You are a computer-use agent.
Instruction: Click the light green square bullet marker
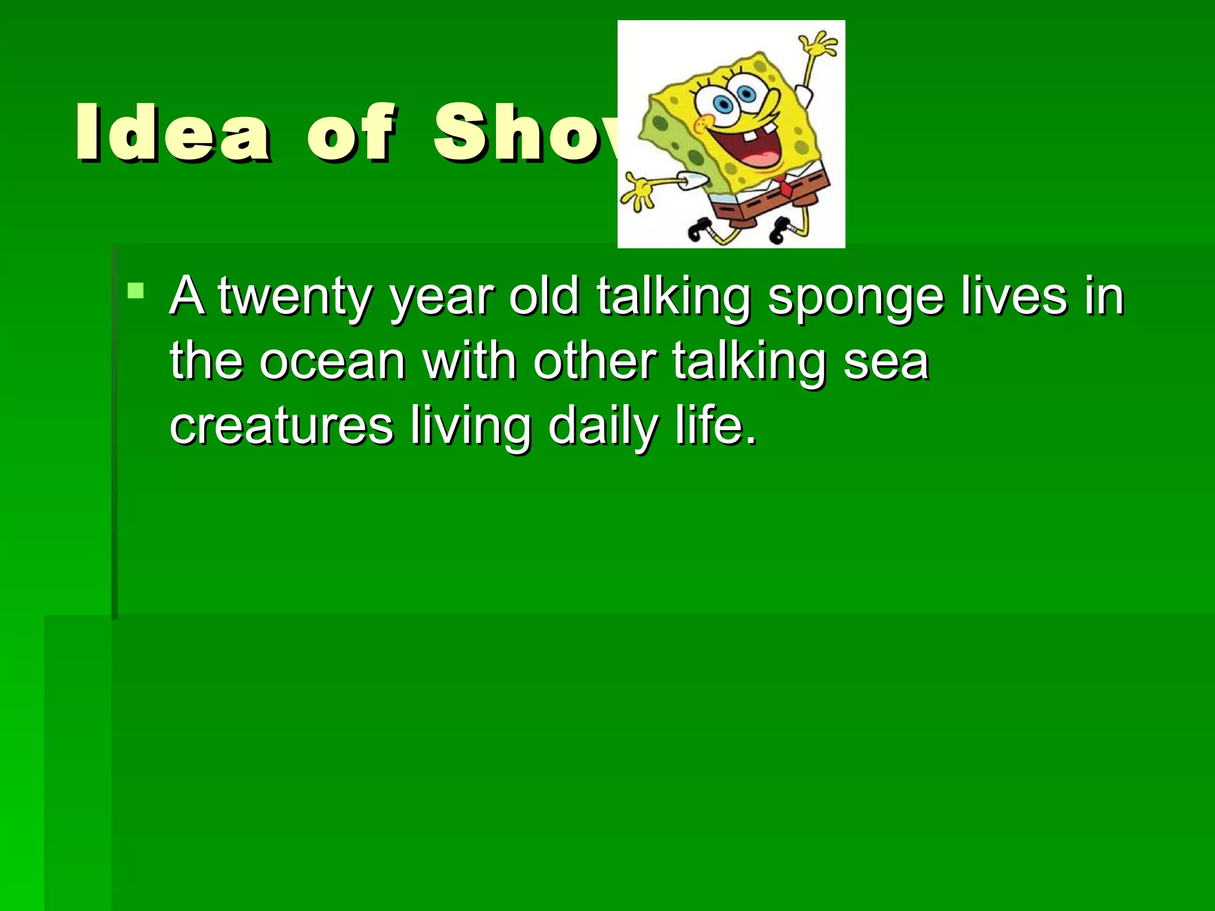coord(136,291)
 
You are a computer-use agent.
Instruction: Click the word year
coord(441,297)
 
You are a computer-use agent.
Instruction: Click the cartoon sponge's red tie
coord(784,186)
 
